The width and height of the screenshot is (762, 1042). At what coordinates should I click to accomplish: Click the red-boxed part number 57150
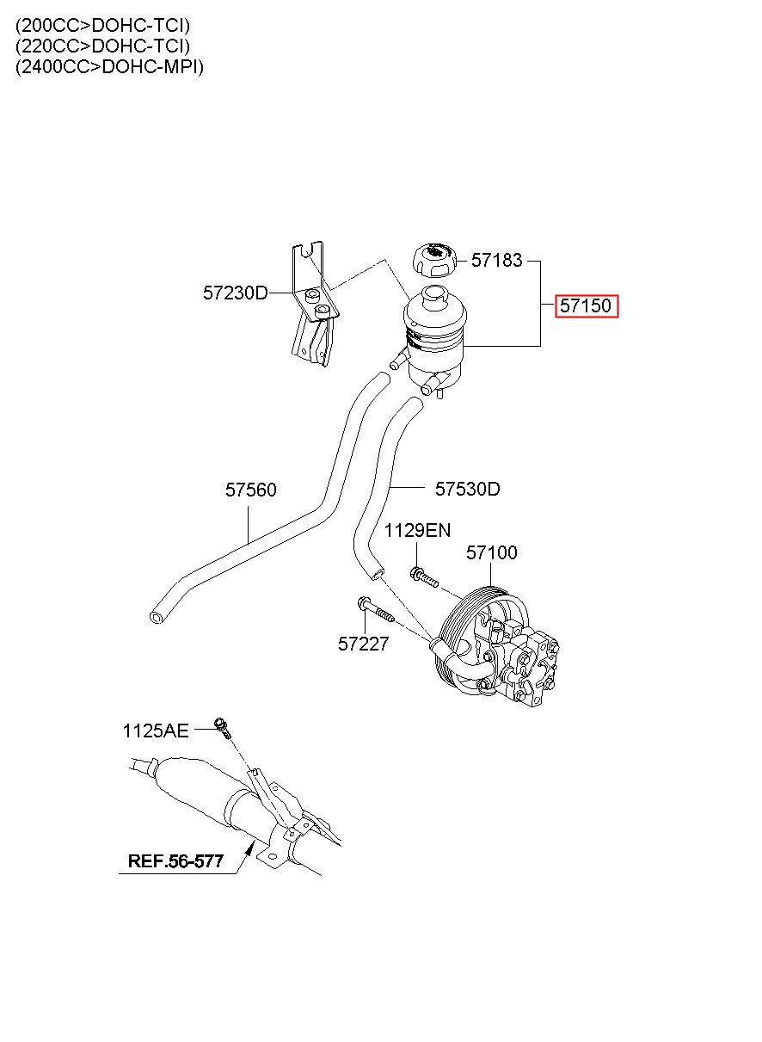(x=586, y=305)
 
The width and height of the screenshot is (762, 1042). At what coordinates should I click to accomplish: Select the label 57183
(x=497, y=260)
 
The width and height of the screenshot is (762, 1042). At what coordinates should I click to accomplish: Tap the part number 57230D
(x=236, y=293)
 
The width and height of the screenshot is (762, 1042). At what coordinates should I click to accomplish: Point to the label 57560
(x=251, y=490)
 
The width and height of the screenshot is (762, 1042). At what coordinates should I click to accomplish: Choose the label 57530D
(x=468, y=489)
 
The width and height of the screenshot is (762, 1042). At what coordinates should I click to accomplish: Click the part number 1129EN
(x=417, y=530)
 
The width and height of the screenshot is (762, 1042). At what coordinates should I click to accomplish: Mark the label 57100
(x=492, y=552)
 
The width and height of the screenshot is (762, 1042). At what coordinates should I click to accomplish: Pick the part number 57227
(x=364, y=644)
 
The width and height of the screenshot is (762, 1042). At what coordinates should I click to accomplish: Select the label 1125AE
(x=156, y=731)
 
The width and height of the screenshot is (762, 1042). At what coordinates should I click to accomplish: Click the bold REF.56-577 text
(x=175, y=861)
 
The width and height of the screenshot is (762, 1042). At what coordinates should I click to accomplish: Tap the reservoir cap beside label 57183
(x=434, y=260)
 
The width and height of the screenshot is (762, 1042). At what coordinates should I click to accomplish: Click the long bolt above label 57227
(x=376, y=610)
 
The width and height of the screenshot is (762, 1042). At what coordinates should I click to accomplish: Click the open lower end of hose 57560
(x=157, y=617)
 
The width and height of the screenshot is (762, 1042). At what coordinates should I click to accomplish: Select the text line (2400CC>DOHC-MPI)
(x=110, y=67)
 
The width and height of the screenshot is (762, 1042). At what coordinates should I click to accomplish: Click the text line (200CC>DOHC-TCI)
(x=102, y=25)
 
